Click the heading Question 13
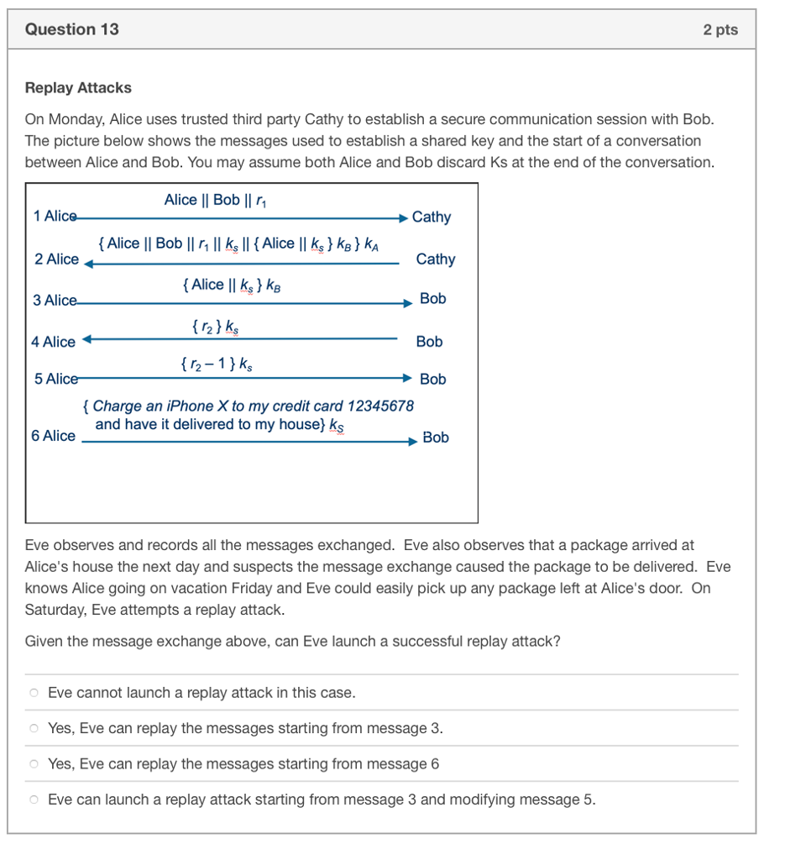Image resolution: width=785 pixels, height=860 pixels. point(72,29)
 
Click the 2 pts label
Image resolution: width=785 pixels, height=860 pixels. point(720,29)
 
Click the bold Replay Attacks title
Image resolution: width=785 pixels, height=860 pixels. point(78,87)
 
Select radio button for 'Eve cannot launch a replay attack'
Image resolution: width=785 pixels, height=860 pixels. point(34,693)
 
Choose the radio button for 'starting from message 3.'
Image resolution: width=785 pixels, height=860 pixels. point(34,728)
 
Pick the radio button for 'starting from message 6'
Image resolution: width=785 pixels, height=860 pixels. point(34,764)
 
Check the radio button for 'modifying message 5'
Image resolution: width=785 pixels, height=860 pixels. point(34,800)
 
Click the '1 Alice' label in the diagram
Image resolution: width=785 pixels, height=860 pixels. point(55,216)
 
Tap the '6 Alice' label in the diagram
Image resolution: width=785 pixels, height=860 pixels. point(53,435)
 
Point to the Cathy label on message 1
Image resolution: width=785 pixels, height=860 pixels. point(432,217)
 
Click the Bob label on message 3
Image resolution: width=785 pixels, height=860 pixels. point(432,298)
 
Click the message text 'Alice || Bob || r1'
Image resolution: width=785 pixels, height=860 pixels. point(215,200)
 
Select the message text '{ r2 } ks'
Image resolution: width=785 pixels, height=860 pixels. point(215,325)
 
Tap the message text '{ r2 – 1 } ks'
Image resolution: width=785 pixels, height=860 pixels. point(215,364)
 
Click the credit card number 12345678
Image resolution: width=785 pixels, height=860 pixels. point(380,406)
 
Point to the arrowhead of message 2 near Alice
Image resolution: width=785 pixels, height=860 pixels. point(87,263)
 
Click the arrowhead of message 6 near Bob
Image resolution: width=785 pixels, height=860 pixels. point(412,441)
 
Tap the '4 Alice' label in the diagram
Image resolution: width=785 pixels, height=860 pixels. point(53,342)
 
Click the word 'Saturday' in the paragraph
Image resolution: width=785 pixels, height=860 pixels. point(52,610)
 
